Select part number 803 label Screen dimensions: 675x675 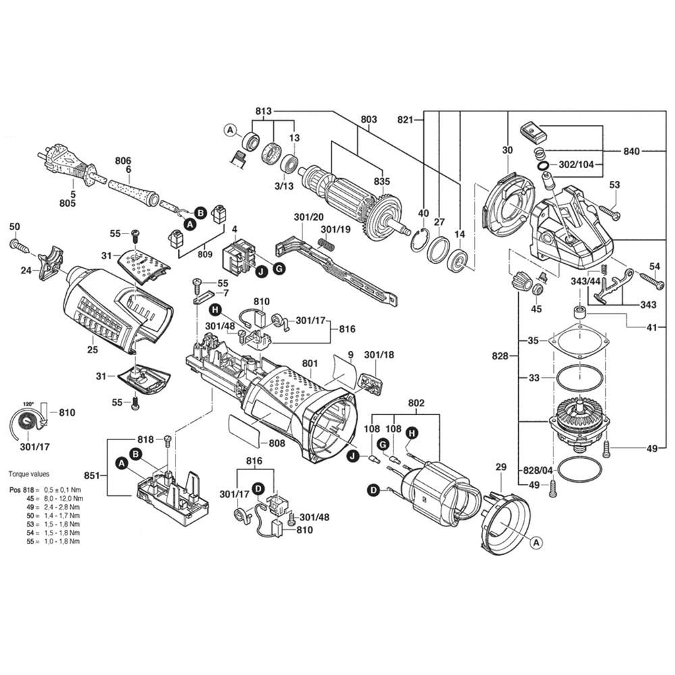coord(368,120)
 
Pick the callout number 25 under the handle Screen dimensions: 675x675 coord(92,349)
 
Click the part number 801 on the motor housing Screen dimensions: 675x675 coord(310,364)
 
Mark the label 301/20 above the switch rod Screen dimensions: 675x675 coord(308,217)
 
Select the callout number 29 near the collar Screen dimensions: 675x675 coord(500,467)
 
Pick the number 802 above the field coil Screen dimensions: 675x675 coord(416,403)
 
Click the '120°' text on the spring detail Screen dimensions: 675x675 coord(28,404)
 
